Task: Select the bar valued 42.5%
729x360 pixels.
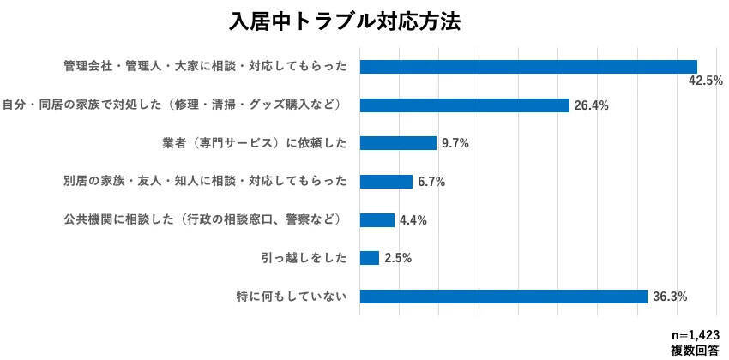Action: point(528,67)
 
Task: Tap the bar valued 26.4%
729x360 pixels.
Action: point(465,105)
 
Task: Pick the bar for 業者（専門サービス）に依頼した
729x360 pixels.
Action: point(398,143)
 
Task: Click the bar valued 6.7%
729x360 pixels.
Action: point(386,182)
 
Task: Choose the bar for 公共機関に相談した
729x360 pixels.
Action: point(377,220)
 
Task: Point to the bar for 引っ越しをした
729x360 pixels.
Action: point(370,258)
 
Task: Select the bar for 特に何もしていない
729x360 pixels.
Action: point(503,297)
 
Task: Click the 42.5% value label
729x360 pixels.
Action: point(706,81)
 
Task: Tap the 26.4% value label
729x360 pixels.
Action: point(591,105)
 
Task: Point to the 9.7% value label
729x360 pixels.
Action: point(455,143)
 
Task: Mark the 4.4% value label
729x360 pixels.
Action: point(413,220)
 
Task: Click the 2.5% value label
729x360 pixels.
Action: point(397,258)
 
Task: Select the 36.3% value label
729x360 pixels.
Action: point(669,297)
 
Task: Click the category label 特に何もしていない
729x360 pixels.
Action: point(292,297)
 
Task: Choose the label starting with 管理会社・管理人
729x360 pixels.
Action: point(206,67)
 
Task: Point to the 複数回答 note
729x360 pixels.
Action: point(695,350)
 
